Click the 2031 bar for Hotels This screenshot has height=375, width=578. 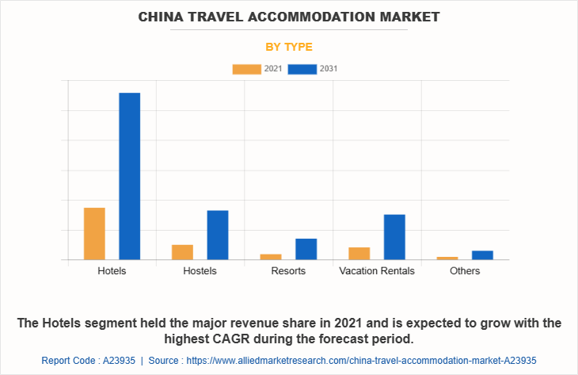pyautogui.click(x=129, y=176)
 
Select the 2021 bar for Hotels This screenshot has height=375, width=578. pyautogui.click(x=94, y=233)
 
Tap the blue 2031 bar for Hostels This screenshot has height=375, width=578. pyautogui.click(x=218, y=235)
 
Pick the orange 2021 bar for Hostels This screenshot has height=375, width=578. pyautogui.click(x=182, y=252)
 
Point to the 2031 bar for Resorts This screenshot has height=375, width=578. pyautogui.click(x=306, y=249)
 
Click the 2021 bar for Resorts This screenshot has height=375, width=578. pyautogui.click(x=271, y=257)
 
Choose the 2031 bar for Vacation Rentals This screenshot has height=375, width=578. pyautogui.click(x=394, y=237)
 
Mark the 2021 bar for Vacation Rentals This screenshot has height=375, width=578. pyautogui.click(x=359, y=254)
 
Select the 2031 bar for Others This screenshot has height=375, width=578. pyautogui.click(x=483, y=255)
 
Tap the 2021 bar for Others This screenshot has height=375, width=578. pyautogui.click(x=447, y=258)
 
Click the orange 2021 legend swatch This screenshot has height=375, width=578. pyautogui.click(x=246, y=69)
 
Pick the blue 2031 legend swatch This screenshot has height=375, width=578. pyautogui.click(x=302, y=69)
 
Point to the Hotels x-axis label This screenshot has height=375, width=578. pyautogui.click(x=112, y=271)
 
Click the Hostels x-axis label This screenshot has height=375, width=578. pyautogui.click(x=200, y=271)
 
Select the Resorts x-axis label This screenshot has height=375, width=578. pyautogui.click(x=288, y=271)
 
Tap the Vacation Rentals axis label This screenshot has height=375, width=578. pyautogui.click(x=377, y=271)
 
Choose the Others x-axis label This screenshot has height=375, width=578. pyautogui.click(x=465, y=271)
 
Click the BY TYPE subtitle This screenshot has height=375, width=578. pyautogui.click(x=288, y=47)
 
